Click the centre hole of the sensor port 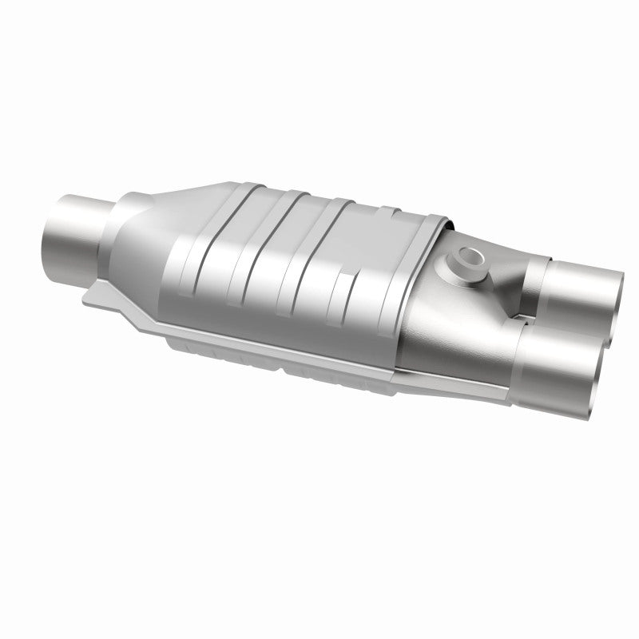tap(465, 258)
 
